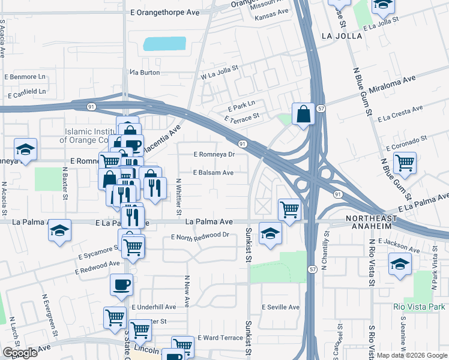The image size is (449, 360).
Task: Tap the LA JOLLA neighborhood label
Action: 342,36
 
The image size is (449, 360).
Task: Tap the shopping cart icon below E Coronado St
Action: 405,162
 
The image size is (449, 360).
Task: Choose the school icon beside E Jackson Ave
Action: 400,263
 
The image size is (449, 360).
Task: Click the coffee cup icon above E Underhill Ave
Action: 121,284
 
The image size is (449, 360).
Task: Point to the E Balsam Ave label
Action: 213,173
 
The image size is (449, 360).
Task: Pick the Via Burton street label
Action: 145,72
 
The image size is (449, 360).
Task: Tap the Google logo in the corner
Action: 20,353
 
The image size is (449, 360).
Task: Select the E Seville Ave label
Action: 280,307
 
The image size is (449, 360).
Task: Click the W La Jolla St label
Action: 220,73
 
